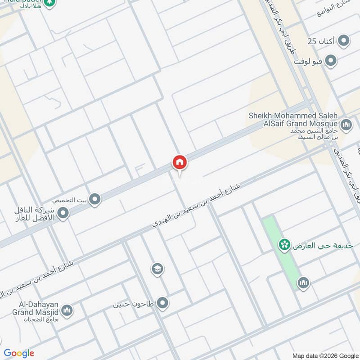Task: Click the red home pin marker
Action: [179, 162]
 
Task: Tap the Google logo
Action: [19, 353]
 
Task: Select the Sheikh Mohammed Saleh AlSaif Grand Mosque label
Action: [293, 120]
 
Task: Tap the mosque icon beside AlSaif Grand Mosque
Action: [346, 124]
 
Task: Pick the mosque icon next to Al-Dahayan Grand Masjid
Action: [67, 310]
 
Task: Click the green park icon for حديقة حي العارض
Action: [283, 245]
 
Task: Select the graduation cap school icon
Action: [157, 269]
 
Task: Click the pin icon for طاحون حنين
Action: [162, 303]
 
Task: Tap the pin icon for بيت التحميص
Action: [94, 199]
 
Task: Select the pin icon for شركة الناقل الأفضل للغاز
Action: [63, 213]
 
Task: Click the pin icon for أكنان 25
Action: [344, 42]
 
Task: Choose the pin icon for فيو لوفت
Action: [331, 61]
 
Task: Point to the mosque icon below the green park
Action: [303, 283]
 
